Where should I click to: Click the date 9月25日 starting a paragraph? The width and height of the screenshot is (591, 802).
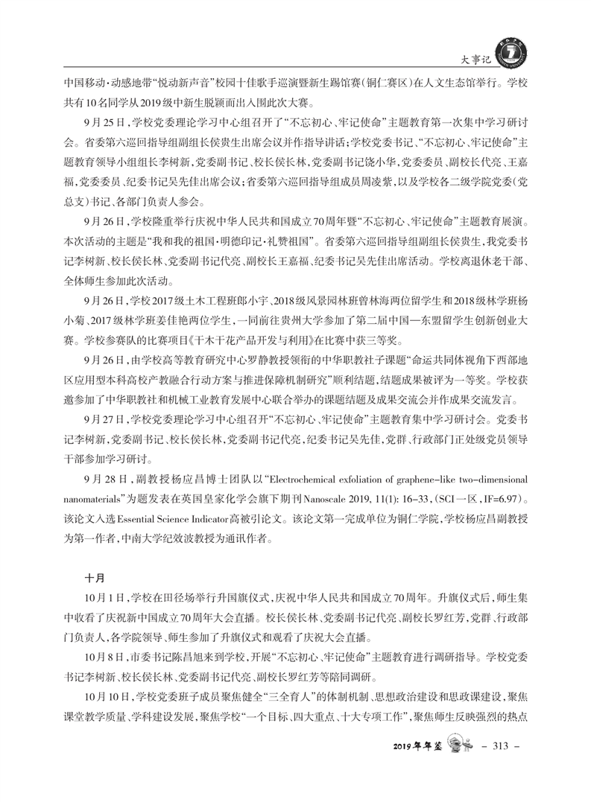[104, 123]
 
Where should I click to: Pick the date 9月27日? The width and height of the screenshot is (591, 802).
[104, 418]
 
